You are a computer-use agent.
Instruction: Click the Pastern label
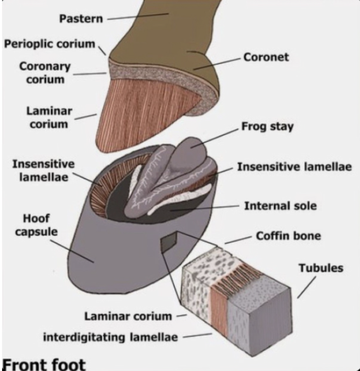click(81, 19)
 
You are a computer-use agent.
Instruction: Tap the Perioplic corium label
click(50, 44)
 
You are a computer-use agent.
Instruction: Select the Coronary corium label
click(45, 73)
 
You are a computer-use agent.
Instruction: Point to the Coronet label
click(266, 57)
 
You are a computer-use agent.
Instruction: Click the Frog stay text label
click(267, 126)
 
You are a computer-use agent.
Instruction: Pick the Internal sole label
click(280, 206)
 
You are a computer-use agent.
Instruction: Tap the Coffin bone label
click(288, 236)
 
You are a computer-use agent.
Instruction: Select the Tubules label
click(321, 268)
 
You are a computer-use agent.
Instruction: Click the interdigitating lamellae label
click(110, 337)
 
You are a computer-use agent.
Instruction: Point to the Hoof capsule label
click(37, 225)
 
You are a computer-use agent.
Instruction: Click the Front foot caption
click(44, 364)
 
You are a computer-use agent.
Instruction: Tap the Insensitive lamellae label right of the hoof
click(294, 167)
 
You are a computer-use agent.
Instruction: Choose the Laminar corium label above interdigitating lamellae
click(128, 316)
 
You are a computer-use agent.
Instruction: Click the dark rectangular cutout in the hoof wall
click(169, 243)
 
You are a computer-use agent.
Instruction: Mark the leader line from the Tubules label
click(306, 287)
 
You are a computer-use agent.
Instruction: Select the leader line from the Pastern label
click(138, 17)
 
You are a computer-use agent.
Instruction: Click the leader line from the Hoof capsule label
click(72, 251)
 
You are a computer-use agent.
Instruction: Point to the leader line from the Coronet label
click(217, 64)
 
